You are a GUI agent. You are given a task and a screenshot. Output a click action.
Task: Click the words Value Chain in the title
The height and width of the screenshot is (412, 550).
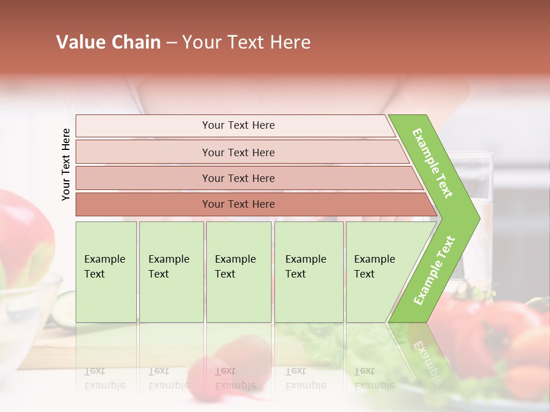pyautogui.click(x=108, y=42)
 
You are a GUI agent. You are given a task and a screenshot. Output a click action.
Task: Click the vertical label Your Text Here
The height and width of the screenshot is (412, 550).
pyautogui.click(x=66, y=164)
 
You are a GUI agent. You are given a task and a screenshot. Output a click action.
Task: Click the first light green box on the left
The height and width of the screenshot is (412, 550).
pyautogui.click(x=106, y=272)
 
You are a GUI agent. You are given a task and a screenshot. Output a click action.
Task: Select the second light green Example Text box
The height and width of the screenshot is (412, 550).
pyautogui.click(x=171, y=272)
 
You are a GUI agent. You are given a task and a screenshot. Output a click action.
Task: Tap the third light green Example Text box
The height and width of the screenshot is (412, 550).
pyautogui.click(x=238, y=272)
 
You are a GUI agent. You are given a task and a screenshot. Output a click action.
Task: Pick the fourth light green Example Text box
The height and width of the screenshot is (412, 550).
pyautogui.click(x=309, y=272)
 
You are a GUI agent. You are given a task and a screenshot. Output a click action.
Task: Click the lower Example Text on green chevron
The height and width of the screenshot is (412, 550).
pyautogui.click(x=434, y=270)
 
